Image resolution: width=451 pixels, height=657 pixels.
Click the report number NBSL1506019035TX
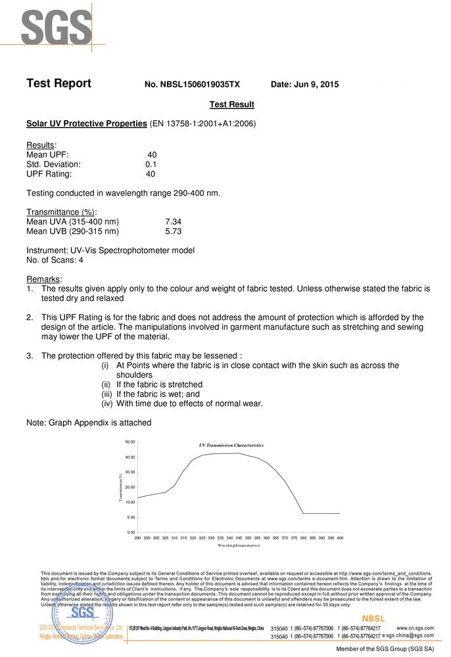[192, 85]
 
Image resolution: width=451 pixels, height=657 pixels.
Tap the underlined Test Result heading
[231, 104]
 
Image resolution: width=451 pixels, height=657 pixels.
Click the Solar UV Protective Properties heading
[86, 124]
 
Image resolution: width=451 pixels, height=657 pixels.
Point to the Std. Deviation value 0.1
[151, 164]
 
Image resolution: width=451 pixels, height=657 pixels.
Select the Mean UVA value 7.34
[173, 222]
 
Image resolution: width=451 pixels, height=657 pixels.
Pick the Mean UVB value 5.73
[173, 231]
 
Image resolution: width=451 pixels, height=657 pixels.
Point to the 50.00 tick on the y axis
[130, 442]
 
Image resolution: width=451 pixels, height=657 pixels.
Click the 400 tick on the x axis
[340, 537]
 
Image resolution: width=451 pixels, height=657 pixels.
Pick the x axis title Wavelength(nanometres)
[239, 545]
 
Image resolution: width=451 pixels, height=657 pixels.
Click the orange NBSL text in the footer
[373, 619]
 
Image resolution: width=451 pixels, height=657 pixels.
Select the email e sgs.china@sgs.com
[408, 636]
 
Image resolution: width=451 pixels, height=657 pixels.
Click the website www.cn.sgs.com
[415, 628]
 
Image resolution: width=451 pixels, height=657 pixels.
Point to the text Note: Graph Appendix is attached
[89, 422]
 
